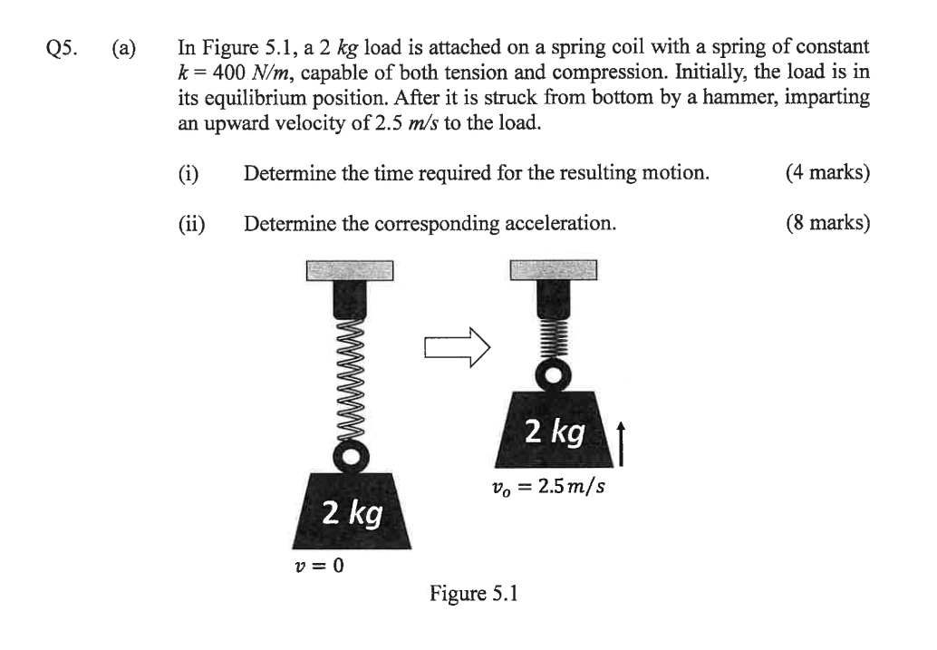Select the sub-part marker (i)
pyautogui.click(x=188, y=172)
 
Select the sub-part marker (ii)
pyautogui.click(x=191, y=222)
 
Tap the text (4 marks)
pyautogui.click(x=828, y=172)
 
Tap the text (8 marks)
pyautogui.click(x=828, y=222)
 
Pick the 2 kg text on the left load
pyautogui.click(x=353, y=514)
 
